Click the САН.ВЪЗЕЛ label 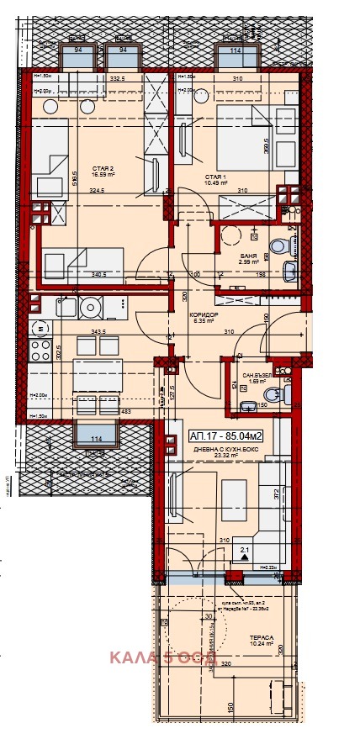[x=256, y=376]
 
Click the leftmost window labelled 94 [x=77, y=57]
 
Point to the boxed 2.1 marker [x=246, y=553]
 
